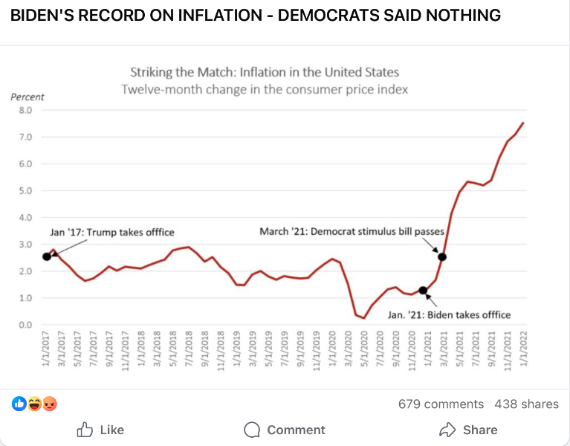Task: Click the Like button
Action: point(100,430)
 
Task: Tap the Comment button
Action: point(285,430)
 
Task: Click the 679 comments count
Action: point(441,404)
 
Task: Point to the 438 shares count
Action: point(526,404)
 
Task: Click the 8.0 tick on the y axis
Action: point(25,111)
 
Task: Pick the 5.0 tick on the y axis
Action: point(25,191)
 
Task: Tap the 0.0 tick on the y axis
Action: point(25,325)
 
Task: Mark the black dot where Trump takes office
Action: point(47,256)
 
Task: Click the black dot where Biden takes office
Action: point(423,291)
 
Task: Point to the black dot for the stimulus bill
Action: point(442,257)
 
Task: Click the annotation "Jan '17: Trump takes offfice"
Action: point(111,232)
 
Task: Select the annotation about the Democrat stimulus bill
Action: point(352,232)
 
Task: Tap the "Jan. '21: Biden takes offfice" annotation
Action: point(450,314)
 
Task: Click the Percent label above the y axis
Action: point(27,97)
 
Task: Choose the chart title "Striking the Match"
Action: point(265,72)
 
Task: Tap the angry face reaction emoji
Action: point(51,404)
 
